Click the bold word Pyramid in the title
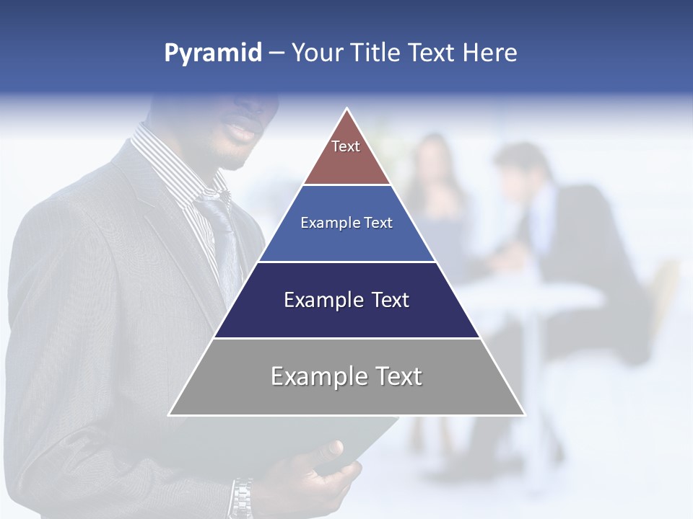pyautogui.click(x=212, y=53)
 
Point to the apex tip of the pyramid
pyautogui.click(x=347, y=110)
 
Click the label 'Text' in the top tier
pyautogui.click(x=346, y=146)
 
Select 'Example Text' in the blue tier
pyautogui.click(x=346, y=223)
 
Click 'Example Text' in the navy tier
pyautogui.click(x=346, y=300)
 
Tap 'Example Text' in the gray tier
pyautogui.click(x=346, y=376)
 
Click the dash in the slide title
pyautogui.click(x=276, y=53)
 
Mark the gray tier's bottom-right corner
pyautogui.click(x=524, y=414)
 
